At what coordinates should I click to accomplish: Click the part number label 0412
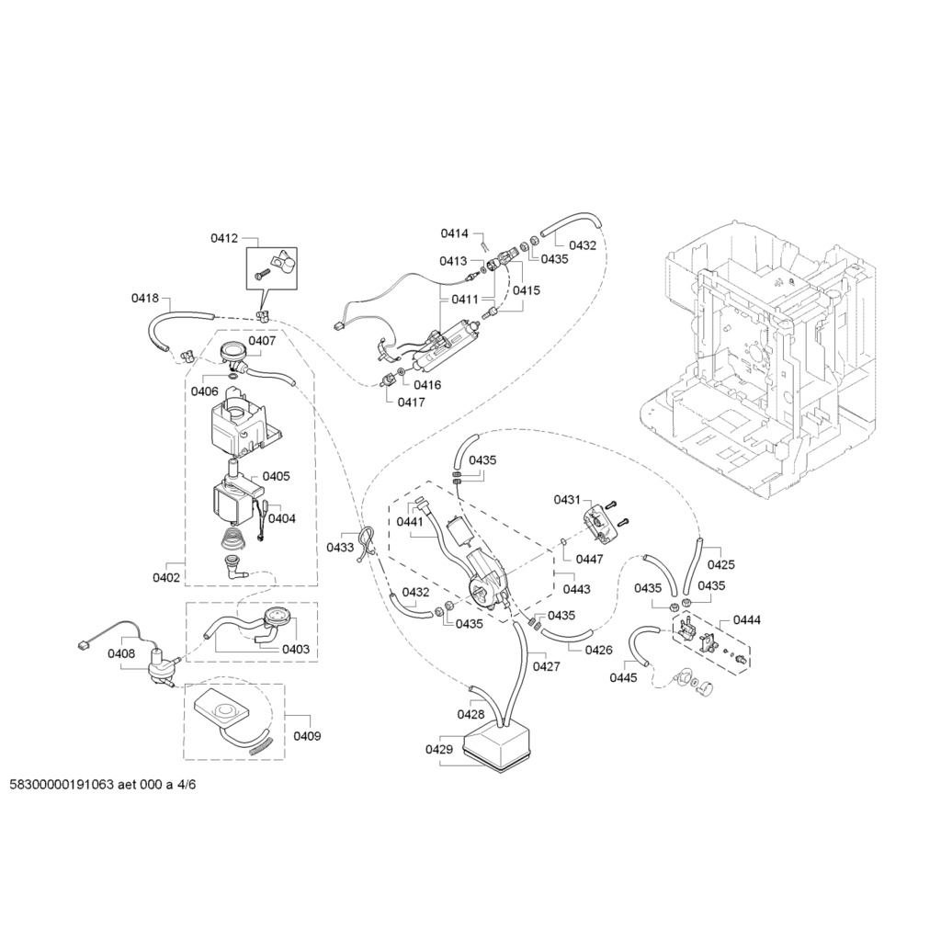click(x=224, y=238)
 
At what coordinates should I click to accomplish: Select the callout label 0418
click(x=145, y=298)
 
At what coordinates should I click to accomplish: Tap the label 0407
click(x=262, y=341)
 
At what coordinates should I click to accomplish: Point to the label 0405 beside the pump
click(x=276, y=476)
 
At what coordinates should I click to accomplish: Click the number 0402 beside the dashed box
click(x=166, y=577)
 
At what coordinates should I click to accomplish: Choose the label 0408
click(x=121, y=653)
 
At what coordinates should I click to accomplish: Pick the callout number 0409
click(x=307, y=736)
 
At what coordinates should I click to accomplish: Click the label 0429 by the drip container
click(x=439, y=749)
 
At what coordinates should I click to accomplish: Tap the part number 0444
click(x=746, y=620)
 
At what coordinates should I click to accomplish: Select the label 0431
click(x=567, y=500)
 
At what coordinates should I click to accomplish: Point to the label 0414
click(x=454, y=233)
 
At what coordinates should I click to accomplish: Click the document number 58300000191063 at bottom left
click(x=62, y=785)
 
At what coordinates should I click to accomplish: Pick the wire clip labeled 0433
click(x=367, y=543)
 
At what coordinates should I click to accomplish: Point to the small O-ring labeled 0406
click(x=231, y=377)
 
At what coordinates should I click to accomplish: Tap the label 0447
click(x=589, y=560)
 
